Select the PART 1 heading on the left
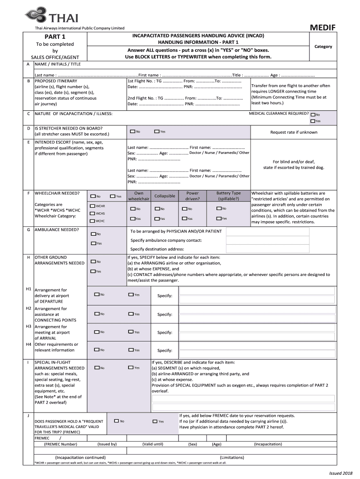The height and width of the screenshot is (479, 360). click(x=55, y=37)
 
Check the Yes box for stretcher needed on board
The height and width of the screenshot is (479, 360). click(x=157, y=131)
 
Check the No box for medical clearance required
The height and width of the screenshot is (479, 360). click(x=313, y=114)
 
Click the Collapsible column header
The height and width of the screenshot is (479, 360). click(x=165, y=196)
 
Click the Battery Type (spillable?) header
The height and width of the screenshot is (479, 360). click(x=228, y=196)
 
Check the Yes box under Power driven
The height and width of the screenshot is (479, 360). click(x=184, y=218)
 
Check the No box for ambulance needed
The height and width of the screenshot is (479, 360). click(x=93, y=233)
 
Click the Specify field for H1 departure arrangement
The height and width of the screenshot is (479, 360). click(x=257, y=296)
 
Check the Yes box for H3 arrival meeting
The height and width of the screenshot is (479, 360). click(x=131, y=332)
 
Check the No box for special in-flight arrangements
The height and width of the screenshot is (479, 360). click(x=96, y=368)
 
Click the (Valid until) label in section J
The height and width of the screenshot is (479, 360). click(x=152, y=444)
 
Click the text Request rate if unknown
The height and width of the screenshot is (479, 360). click(x=293, y=132)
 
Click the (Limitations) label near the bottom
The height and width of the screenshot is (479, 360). click(x=232, y=457)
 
